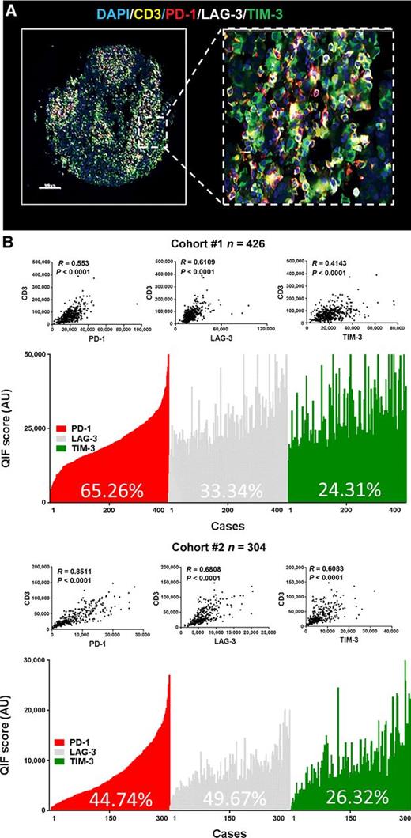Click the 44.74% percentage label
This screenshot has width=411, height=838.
coord(111,799)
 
